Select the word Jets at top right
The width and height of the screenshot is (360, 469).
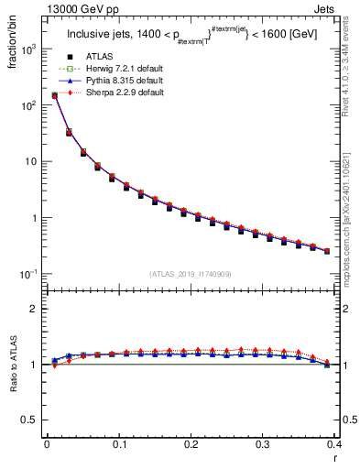pyautogui.click(x=338, y=10)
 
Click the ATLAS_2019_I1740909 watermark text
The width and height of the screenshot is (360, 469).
pyautogui.click(x=191, y=275)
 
